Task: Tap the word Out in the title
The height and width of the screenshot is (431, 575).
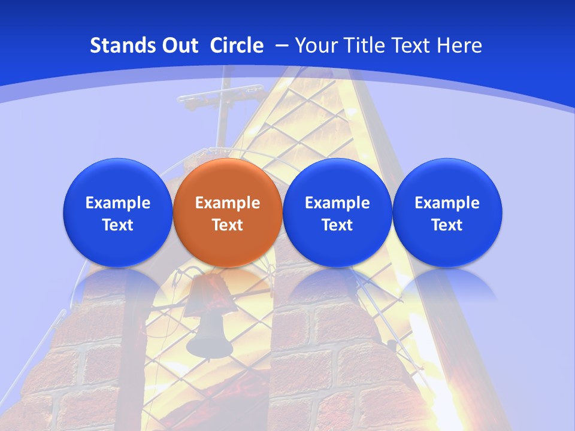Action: pyautogui.click(x=179, y=45)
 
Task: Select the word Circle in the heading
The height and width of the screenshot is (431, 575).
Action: pyautogui.click(x=237, y=45)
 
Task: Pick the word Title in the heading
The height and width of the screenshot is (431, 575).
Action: pyautogui.click(x=362, y=45)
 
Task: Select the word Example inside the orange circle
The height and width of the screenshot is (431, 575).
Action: pyautogui.click(x=228, y=203)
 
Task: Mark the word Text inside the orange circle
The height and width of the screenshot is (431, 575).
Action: pyautogui.click(x=228, y=225)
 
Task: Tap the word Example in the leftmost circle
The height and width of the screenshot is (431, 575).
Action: pyautogui.click(x=118, y=203)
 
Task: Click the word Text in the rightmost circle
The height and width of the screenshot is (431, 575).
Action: pyautogui.click(x=447, y=225)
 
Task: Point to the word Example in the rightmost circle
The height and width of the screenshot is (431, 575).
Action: pyautogui.click(x=447, y=203)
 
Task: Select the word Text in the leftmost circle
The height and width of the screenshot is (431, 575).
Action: pyautogui.click(x=118, y=225)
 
